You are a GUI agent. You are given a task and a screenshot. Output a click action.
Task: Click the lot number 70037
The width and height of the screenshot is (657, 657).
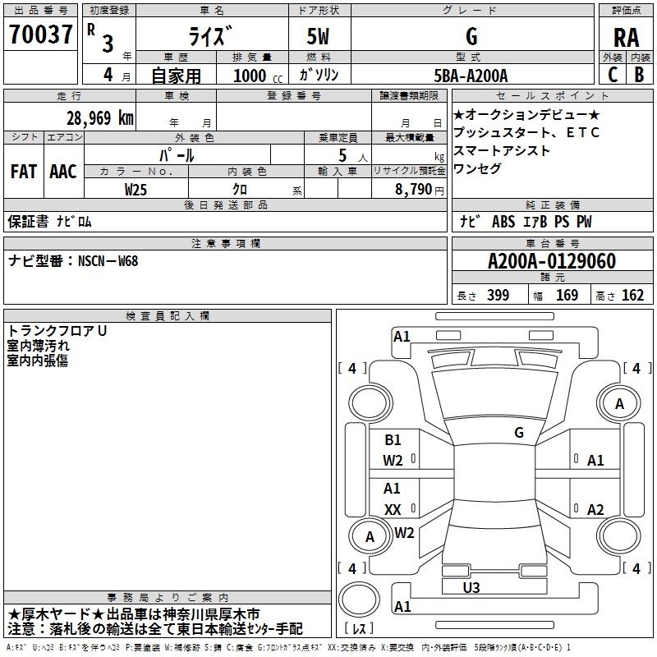point(40,34)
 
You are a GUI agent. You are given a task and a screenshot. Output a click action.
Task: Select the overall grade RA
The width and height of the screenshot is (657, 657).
point(626,38)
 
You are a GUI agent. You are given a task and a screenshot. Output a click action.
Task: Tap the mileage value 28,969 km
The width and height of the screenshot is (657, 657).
point(99,118)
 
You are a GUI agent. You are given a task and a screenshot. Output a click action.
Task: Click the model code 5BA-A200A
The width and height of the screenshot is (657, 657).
point(471,76)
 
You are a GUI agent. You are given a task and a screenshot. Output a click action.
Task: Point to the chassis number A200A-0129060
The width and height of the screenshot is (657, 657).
point(552,261)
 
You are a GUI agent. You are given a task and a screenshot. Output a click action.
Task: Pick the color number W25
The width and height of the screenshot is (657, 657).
point(136,190)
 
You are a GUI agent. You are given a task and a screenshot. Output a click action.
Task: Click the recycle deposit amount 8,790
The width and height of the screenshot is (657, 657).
point(414,190)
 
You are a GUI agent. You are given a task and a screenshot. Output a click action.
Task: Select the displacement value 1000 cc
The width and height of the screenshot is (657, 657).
point(258,76)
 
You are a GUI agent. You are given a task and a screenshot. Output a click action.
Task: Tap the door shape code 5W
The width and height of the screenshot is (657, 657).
point(318,36)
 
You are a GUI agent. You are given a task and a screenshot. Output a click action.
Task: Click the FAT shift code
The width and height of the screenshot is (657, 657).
point(24,172)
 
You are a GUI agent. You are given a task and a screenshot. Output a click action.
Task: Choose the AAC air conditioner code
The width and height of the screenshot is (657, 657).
point(63,172)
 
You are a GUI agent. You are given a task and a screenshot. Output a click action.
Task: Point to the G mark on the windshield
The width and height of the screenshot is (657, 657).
point(519,432)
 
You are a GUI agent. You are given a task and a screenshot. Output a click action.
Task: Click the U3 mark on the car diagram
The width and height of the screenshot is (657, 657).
point(471,587)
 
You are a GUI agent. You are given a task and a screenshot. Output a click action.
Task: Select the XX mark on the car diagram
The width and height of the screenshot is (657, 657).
point(393,509)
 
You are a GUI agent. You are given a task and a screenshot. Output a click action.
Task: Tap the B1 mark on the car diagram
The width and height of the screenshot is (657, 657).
point(393,439)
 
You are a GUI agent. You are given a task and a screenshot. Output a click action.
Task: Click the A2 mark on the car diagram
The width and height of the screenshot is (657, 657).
point(595,509)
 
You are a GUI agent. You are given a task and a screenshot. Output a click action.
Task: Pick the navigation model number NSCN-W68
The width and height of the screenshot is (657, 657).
point(108,261)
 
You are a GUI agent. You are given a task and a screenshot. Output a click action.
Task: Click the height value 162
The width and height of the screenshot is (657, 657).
point(632,295)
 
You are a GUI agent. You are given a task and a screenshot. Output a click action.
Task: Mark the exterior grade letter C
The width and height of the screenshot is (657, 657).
point(613,75)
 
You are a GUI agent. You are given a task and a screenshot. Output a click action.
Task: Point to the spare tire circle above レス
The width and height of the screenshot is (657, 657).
point(359,600)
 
